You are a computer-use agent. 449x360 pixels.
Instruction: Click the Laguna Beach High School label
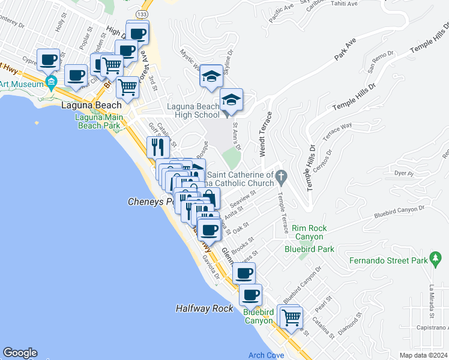click(193, 111)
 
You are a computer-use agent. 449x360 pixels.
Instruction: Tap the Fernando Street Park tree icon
click(436, 260)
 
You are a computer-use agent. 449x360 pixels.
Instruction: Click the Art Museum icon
click(51, 82)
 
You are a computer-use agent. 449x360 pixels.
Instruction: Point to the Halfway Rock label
click(204, 308)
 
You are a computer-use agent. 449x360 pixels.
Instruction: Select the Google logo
click(20, 353)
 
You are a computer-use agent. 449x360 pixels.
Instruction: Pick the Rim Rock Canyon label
click(310, 232)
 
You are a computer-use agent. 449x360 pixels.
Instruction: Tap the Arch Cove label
click(266, 355)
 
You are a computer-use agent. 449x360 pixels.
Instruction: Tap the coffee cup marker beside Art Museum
click(49, 59)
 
